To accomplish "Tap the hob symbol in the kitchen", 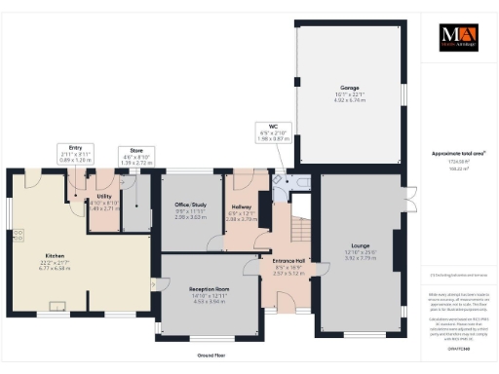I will [17, 235].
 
